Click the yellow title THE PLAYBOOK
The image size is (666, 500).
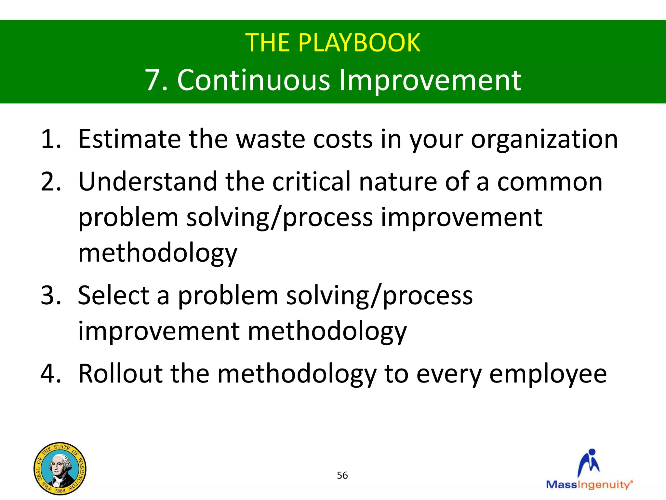333,43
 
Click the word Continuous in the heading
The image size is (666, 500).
254,80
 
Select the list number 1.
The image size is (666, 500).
51,139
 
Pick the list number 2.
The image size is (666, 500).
51,182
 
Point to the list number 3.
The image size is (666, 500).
51,296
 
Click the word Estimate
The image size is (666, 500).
129,139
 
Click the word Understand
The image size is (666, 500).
148,182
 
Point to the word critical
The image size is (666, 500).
312,182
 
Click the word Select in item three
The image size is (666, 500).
113,296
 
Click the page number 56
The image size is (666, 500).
342,475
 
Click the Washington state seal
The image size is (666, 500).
60,469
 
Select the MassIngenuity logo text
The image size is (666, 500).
589,485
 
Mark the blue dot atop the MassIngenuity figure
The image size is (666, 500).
592,452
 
